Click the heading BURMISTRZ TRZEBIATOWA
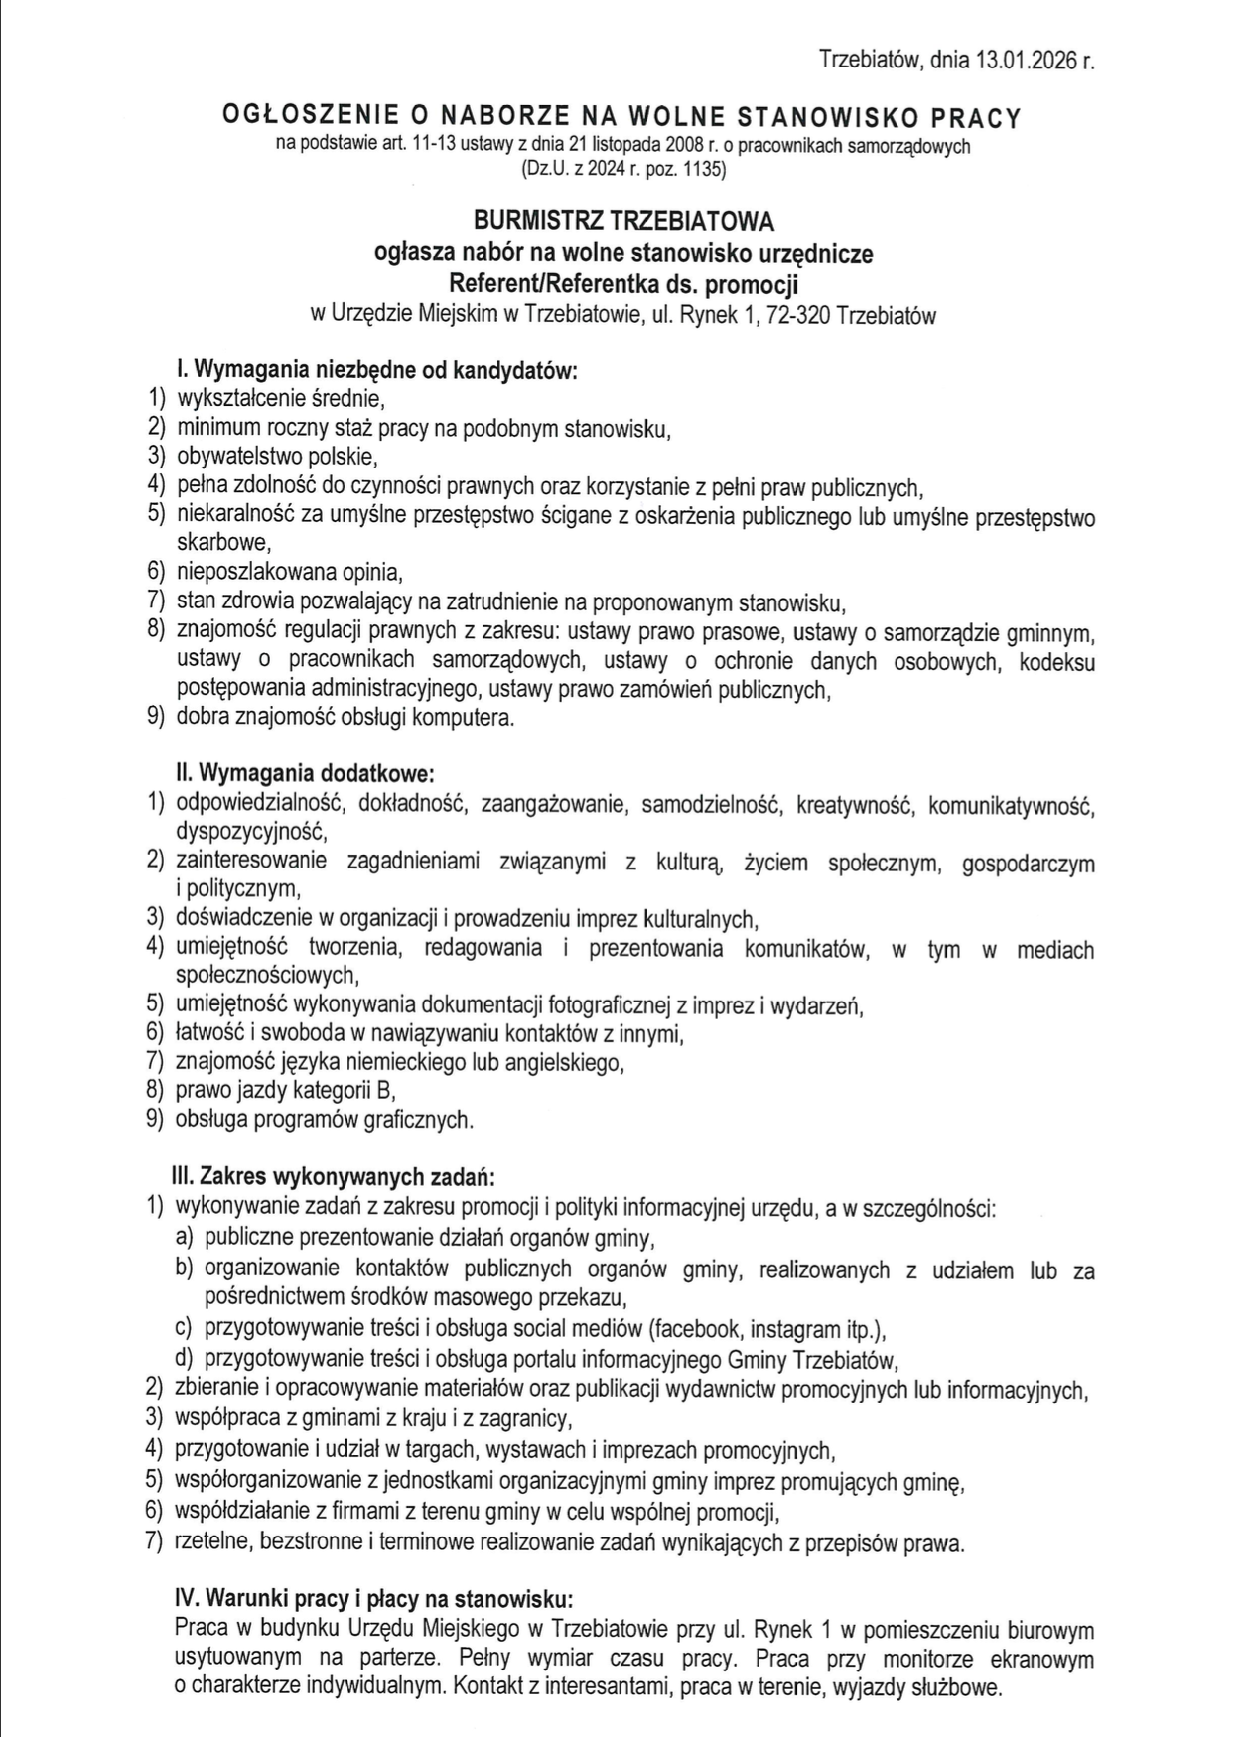623,220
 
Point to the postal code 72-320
799,316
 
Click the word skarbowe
223,544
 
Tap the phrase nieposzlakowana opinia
289,573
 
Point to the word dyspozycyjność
250,831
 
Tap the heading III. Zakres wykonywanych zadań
334,1177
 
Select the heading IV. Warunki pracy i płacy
373,1599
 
